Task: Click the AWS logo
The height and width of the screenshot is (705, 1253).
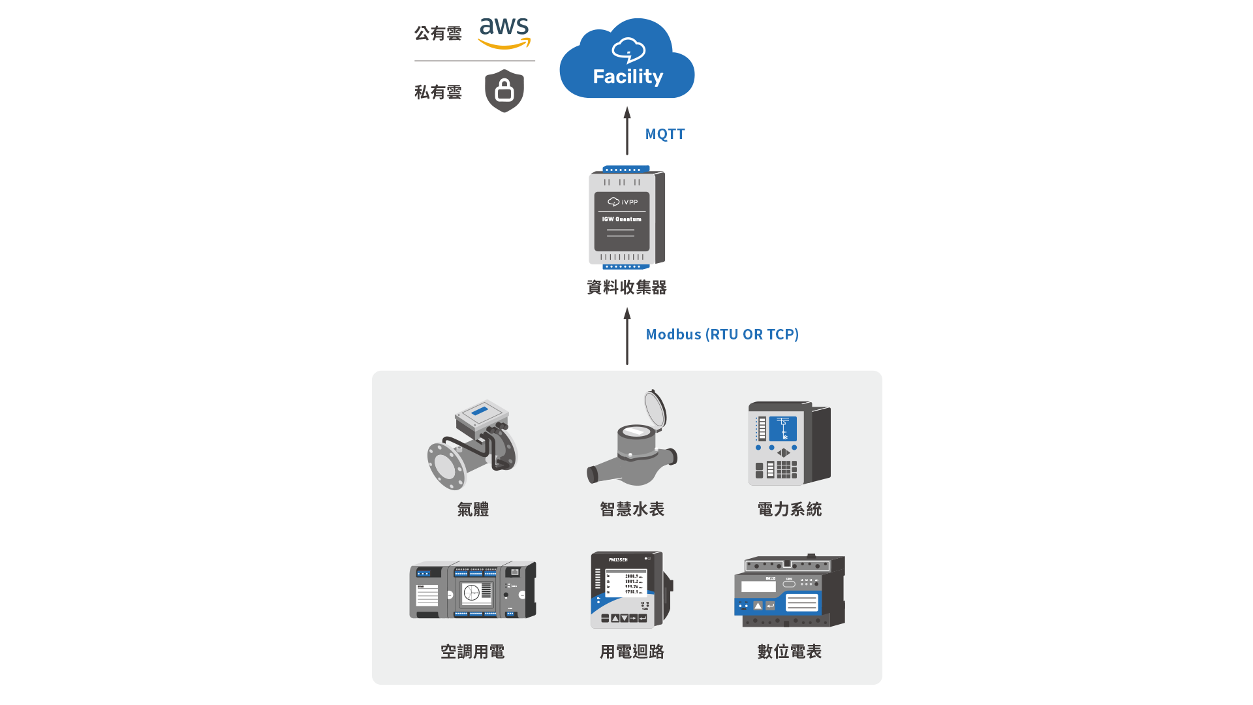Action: click(504, 33)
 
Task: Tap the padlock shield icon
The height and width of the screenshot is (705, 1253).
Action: click(504, 91)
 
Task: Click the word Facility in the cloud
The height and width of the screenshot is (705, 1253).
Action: click(628, 76)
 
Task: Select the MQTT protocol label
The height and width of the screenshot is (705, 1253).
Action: click(665, 134)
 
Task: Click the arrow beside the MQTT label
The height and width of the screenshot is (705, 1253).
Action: click(627, 131)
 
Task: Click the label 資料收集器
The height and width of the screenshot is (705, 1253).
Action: click(626, 287)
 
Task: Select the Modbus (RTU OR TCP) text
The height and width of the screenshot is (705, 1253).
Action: click(722, 335)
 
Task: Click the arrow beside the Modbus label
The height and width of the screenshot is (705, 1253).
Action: click(627, 336)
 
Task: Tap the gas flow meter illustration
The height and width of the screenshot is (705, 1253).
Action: click(472, 445)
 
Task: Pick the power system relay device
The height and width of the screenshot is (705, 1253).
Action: click(789, 443)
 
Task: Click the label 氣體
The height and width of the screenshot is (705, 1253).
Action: click(473, 509)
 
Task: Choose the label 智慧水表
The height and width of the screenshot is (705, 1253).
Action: click(632, 509)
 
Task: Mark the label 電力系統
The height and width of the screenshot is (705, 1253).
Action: click(790, 509)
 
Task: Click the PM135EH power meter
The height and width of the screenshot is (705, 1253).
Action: click(630, 590)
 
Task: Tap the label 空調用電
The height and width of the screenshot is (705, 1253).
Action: click(472, 651)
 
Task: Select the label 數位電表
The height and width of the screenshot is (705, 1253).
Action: click(790, 651)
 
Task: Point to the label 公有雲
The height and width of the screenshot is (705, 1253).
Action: click(438, 33)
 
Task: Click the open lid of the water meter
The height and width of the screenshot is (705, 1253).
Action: click(655, 409)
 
